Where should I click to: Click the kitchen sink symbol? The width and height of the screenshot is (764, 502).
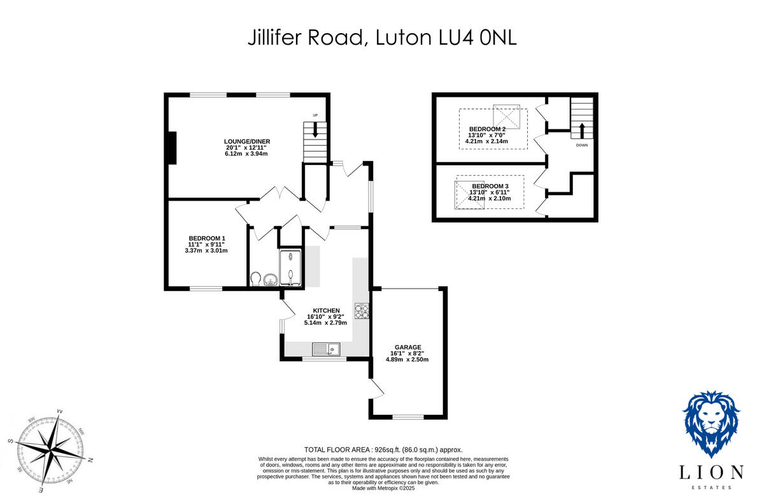tap(327, 349)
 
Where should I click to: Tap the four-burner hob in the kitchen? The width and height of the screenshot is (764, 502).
tap(362, 310)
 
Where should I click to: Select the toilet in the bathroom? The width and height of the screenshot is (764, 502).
tap(256, 280)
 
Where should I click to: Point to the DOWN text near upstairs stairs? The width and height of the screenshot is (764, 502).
tap(581, 145)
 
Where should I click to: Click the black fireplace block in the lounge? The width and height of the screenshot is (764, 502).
tap(171, 148)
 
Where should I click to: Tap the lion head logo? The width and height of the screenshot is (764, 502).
tap(711, 424)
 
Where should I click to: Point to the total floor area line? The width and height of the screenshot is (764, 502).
tap(383, 449)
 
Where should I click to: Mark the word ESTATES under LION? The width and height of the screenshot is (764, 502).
tap(711, 487)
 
